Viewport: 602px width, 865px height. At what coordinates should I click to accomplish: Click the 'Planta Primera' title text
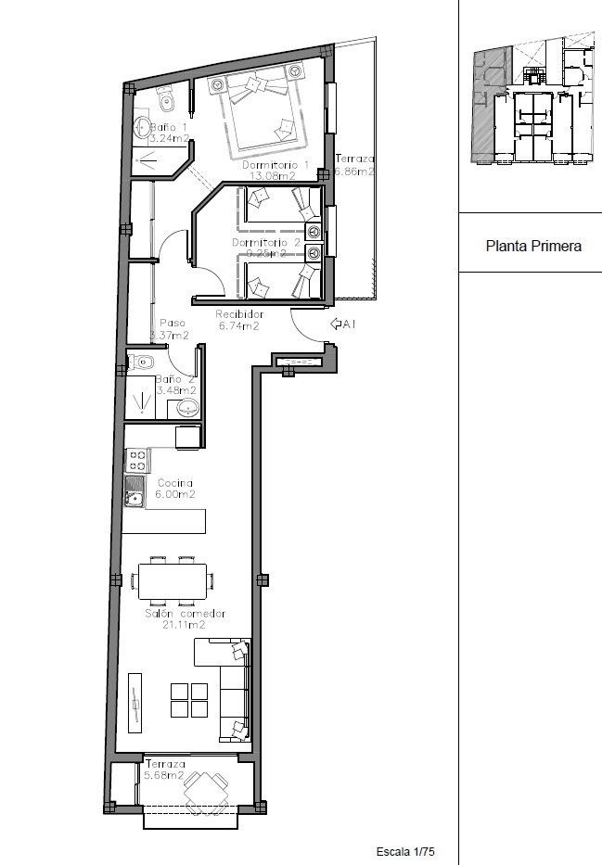pos(533,247)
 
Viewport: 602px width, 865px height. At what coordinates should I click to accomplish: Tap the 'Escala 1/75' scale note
pos(405,851)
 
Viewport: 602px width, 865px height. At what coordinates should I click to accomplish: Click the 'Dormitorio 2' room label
pos(266,243)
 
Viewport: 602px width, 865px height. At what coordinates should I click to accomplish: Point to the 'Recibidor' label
pos(238,314)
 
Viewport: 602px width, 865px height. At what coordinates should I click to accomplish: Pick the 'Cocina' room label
pos(175,483)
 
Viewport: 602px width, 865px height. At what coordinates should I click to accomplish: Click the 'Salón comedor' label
pos(185,614)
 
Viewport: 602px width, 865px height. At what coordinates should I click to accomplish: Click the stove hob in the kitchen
pos(138,457)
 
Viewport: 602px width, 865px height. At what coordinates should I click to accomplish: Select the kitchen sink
pos(135,493)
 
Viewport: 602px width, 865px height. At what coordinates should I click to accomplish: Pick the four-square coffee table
pos(190,700)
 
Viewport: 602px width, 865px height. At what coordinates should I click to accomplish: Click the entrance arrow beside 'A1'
pos(337,324)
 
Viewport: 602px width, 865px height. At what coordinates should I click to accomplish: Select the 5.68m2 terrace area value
pos(164,776)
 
